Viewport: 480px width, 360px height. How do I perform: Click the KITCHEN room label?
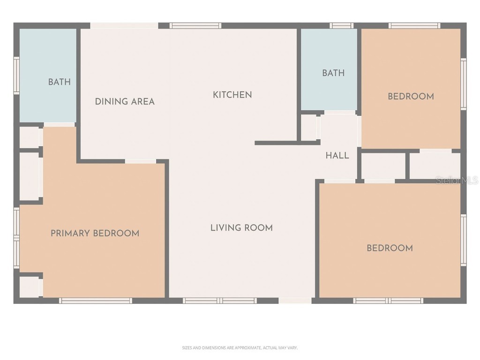[x=232, y=95]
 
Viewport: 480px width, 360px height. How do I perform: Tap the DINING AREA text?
[x=125, y=102]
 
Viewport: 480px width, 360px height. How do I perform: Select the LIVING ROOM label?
[x=241, y=228]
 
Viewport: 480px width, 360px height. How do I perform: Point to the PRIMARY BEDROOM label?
[x=95, y=233]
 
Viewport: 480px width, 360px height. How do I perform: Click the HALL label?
[x=337, y=156]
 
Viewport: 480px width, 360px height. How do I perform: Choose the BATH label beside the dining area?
[x=60, y=82]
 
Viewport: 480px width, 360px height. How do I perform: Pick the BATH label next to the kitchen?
[x=333, y=73]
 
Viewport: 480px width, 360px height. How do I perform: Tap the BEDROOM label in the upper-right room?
[x=411, y=97]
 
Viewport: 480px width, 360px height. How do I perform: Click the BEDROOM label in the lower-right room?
[x=390, y=248]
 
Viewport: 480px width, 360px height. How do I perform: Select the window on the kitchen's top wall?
[x=195, y=26]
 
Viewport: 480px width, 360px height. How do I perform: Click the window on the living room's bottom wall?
[x=219, y=300]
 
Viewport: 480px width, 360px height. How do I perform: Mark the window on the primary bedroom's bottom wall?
[x=96, y=300]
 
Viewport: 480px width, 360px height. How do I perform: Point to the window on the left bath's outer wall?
[x=16, y=75]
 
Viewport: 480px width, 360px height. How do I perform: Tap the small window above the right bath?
[x=341, y=26]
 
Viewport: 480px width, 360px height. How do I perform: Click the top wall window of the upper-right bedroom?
[x=414, y=26]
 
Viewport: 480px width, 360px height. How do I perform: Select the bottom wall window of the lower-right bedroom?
[x=388, y=300]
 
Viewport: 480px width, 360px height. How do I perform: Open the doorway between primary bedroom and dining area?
[x=141, y=161]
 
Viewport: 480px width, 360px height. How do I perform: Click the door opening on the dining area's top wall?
[x=124, y=26]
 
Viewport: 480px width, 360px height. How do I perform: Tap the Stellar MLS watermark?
[x=457, y=180]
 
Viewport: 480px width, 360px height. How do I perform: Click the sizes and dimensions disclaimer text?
[x=240, y=348]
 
